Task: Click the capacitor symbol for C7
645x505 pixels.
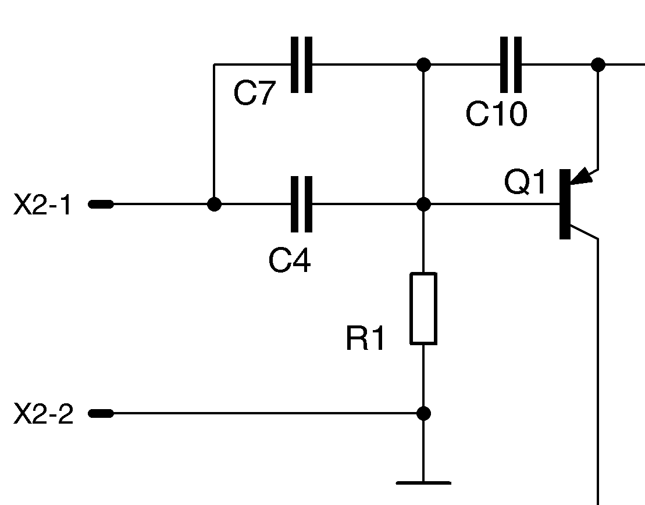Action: click(301, 65)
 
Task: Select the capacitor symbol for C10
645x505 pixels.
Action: click(511, 65)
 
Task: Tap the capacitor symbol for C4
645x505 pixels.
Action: click(301, 204)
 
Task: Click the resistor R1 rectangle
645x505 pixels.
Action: click(423, 309)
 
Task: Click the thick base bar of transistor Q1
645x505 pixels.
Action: click(564, 204)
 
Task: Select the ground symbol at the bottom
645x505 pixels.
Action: click(423, 482)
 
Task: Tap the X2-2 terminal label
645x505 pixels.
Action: click(44, 414)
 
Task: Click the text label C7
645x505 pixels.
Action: click(254, 94)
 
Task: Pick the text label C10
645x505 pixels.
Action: click(496, 114)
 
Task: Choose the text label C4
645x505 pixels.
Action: click(290, 261)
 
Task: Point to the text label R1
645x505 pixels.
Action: click(365, 339)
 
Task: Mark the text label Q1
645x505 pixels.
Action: click(525, 183)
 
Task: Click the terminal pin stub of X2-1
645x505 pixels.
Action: click(101, 204)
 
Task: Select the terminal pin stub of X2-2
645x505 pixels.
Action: click(101, 413)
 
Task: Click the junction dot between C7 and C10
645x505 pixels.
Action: click(424, 64)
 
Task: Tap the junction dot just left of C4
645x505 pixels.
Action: click(215, 204)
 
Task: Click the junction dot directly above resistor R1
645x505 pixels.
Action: click(424, 204)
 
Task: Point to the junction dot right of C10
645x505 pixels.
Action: click(598, 64)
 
